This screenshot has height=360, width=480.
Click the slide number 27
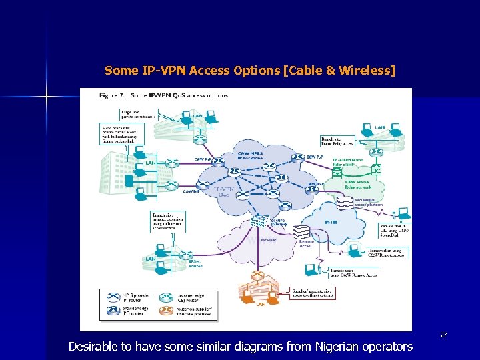click(x=443, y=334)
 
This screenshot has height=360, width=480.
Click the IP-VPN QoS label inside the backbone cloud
click(x=225, y=193)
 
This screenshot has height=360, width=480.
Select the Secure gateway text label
click(x=277, y=223)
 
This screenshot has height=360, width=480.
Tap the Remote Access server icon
click(x=303, y=233)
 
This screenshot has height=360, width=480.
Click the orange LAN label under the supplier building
click(x=261, y=304)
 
